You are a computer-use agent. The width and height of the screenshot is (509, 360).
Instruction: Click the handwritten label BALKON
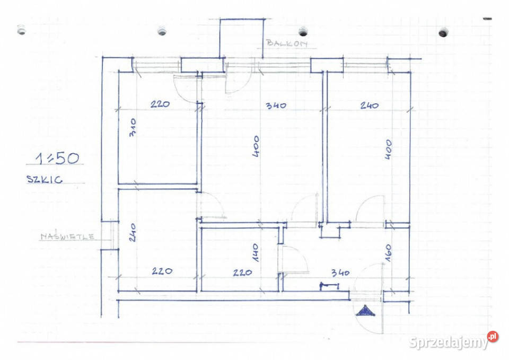287,43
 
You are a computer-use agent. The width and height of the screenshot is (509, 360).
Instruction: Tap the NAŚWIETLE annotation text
67,236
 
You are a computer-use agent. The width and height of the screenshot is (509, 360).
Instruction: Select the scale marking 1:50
57,158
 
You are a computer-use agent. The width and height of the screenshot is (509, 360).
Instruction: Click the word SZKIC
45,179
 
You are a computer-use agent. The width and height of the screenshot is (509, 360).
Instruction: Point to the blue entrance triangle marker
365,311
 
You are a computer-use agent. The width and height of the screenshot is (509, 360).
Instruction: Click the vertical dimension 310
133,127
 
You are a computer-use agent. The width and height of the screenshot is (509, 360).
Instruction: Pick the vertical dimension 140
256,252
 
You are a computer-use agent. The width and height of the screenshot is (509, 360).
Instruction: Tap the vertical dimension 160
389,253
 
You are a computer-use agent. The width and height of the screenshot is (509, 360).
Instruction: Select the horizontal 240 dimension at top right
370,105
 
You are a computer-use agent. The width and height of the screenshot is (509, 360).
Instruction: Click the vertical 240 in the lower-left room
133,232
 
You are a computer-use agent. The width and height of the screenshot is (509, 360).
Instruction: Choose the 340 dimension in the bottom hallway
340,273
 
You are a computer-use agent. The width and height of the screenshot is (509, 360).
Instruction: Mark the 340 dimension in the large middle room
276,106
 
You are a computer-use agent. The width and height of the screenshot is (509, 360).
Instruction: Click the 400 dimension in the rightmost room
388,150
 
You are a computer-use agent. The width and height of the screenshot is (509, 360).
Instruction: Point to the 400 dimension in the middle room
256,146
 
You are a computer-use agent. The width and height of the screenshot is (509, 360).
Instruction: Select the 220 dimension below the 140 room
242,273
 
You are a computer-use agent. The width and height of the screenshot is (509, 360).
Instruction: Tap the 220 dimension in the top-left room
160,104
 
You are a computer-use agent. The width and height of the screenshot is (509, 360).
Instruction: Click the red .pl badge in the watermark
493,336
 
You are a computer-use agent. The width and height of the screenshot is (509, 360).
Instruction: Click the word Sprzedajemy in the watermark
449,342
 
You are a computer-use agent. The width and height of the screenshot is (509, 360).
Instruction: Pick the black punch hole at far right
443,32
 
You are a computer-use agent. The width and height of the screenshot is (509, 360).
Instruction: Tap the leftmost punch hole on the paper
21,30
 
